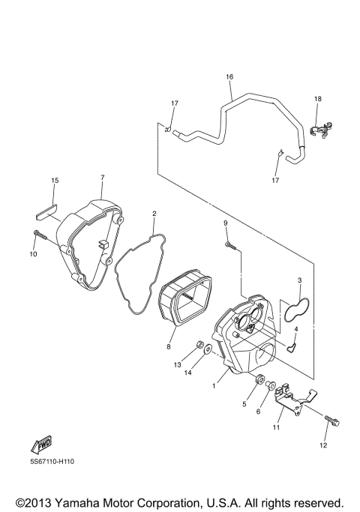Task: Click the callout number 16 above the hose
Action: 229,77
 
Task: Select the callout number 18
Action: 317,99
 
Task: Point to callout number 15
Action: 54,181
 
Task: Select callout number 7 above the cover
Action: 102,177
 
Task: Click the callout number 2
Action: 154,214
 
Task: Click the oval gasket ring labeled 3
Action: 298,312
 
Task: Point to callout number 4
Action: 296,328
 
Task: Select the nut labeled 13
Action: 202,346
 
